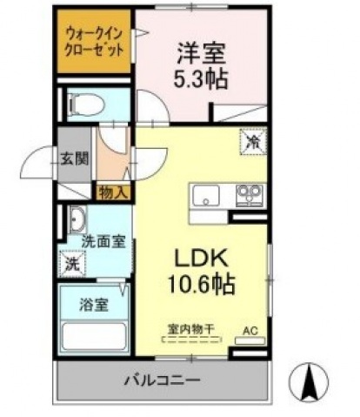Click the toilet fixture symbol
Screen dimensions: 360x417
click(x=85, y=105)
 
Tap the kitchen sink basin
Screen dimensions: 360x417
click(x=206, y=195)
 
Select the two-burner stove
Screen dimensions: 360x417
click(x=250, y=195)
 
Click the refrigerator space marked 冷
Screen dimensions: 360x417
click(x=253, y=142)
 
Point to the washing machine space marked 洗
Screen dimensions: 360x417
click(x=72, y=264)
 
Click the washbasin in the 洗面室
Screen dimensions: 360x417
click(x=77, y=220)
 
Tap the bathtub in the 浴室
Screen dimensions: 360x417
click(x=94, y=336)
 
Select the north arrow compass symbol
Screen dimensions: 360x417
click(x=309, y=381)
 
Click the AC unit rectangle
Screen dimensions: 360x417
click(x=250, y=340)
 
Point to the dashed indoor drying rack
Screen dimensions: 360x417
click(x=191, y=340)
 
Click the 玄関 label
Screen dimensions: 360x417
click(x=75, y=158)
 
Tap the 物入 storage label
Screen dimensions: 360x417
click(x=113, y=192)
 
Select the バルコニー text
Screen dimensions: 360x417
click(x=163, y=380)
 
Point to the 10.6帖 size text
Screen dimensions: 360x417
click(x=201, y=285)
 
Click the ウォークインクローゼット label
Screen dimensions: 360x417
click(x=94, y=42)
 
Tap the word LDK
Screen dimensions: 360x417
click(x=200, y=258)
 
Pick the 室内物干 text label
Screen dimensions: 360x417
click(x=191, y=329)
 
